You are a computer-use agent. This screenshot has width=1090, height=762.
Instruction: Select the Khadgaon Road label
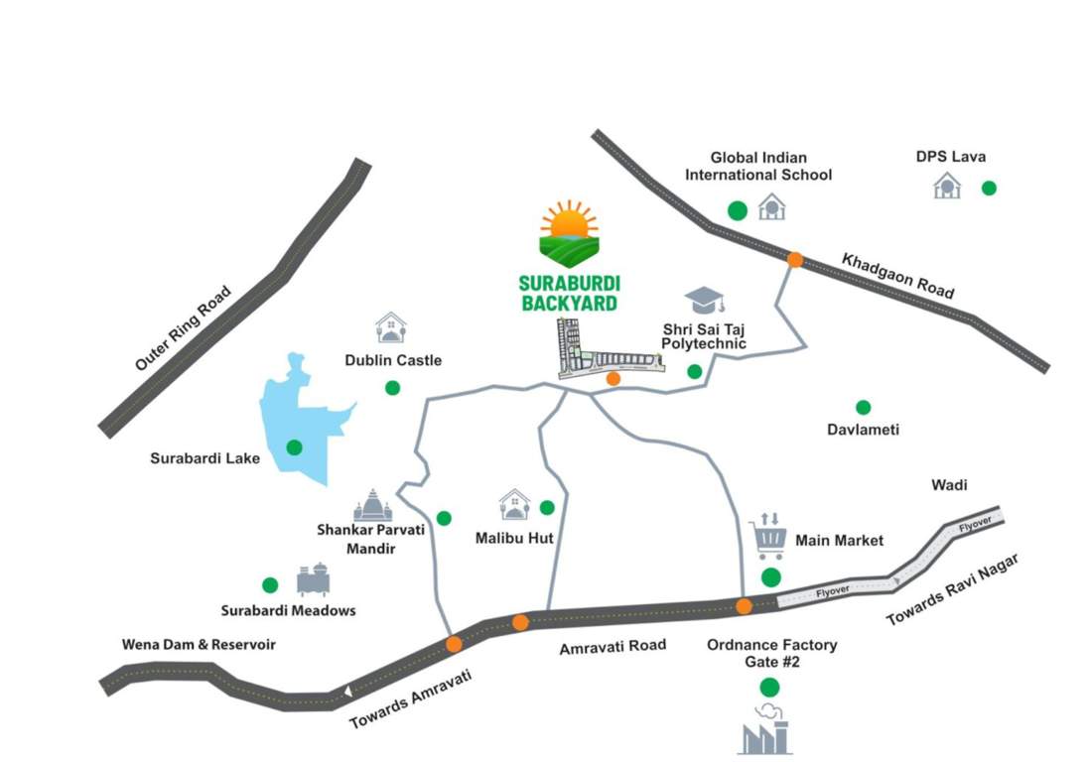[897, 276]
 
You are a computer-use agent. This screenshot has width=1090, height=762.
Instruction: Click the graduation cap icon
[704, 301]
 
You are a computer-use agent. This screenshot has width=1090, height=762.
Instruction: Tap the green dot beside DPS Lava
[988, 188]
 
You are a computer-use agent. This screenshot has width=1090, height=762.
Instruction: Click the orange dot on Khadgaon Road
[794, 260]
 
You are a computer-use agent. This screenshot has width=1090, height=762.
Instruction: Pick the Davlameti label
[863, 430]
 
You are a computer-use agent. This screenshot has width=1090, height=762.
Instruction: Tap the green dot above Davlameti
[863, 407]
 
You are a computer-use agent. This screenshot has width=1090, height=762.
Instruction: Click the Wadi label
[949, 485]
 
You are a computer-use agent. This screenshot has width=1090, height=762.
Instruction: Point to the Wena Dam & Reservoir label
[199, 645]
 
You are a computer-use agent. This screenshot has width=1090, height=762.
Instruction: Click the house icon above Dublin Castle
[391, 327]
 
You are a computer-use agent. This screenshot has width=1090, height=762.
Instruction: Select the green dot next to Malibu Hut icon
[546, 508]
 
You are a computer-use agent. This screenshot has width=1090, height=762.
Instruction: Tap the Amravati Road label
[613, 646]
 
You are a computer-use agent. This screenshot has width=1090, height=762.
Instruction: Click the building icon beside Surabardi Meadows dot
[313, 580]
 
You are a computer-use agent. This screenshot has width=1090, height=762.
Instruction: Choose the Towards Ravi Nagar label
[952, 591]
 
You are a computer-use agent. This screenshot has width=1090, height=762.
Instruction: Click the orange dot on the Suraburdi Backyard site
[613, 378]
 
